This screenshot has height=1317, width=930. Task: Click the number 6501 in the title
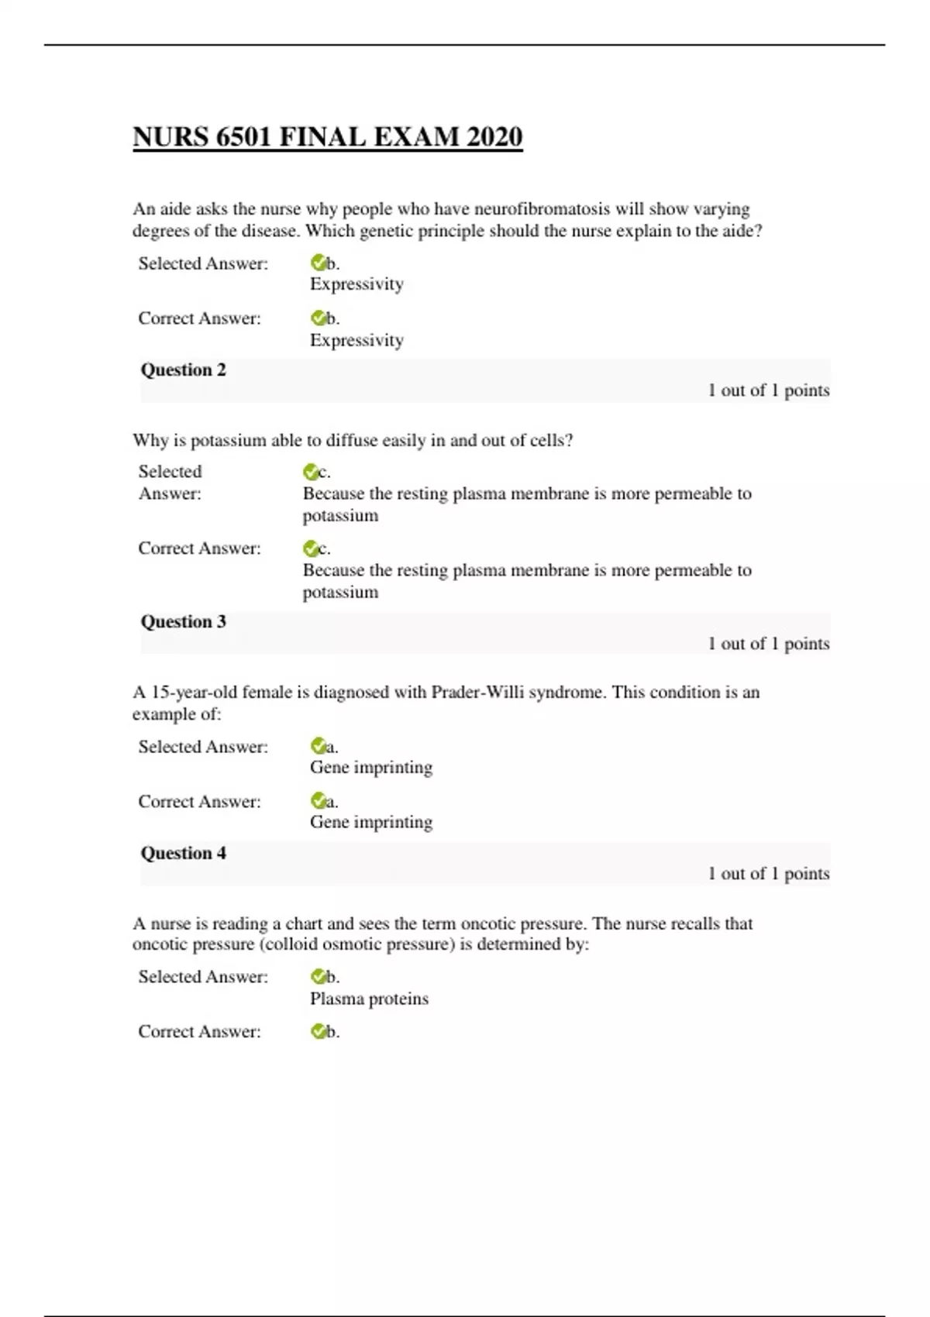[243, 137]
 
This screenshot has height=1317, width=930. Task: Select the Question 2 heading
[183, 370]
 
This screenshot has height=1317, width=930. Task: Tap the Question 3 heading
[183, 622]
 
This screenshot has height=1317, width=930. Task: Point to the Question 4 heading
[183, 854]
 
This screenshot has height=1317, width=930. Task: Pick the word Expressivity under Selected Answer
[356, 284]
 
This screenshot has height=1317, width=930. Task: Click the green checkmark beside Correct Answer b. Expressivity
[318, 318]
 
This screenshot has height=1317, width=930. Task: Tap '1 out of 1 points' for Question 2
[768, 390]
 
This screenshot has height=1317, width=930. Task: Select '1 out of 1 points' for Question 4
[768, 874]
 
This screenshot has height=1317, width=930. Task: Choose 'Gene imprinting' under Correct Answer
[370, 822]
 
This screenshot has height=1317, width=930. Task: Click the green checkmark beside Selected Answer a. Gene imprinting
[318, 746]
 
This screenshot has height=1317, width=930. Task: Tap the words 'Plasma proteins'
[369, 999]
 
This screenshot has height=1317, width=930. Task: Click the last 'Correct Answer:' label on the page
[199, 1032]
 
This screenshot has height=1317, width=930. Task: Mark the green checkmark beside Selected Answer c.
[311, 472]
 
